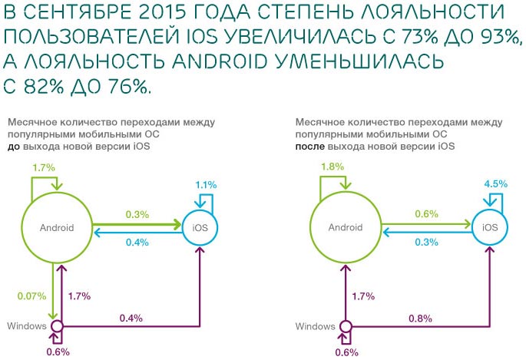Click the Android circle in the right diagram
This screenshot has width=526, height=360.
pos(346,227)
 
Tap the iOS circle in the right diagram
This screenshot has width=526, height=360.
pos(489,227)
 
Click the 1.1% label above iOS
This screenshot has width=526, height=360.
pos(206,184)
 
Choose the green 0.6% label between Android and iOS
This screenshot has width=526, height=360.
pos(426,214)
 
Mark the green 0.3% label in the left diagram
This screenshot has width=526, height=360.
pos(138,214)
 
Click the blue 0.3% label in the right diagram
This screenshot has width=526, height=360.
pos(426,243)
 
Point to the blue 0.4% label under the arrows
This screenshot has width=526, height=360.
pos(138,243)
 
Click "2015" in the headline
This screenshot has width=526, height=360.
pos(159,13)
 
